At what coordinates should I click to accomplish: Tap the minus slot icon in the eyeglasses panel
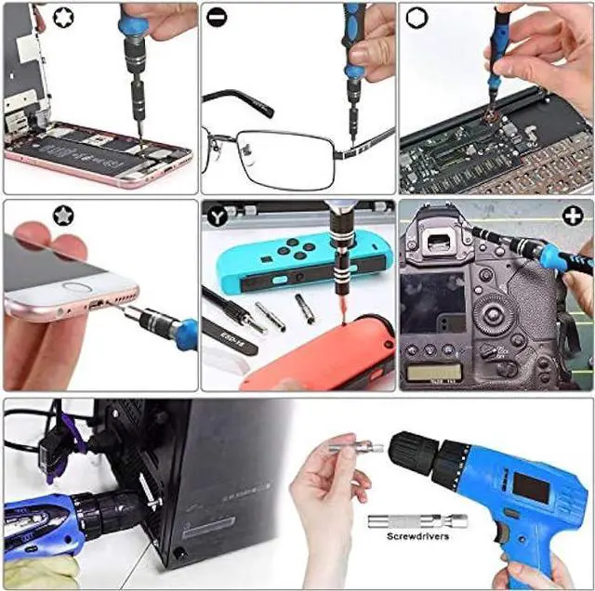[217, 18]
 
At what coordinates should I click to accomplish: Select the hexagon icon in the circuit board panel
[414, 18]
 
